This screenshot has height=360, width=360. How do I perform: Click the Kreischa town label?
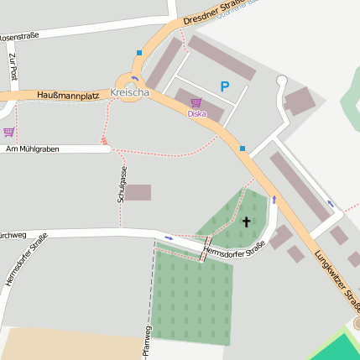[x=129, y=92]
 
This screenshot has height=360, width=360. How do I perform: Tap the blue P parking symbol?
[x=224, y=86]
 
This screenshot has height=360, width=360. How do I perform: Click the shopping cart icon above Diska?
[x=196, y=102]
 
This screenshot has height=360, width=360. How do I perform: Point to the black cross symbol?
[x=246, y=222]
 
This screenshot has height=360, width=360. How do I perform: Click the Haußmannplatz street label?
[x=68, y=96]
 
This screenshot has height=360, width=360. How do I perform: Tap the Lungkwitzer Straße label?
[x=336, y=278]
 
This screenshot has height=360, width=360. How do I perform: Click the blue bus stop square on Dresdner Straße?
[x=139, y=52]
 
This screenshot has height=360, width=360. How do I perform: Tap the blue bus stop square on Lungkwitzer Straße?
[x=242, y=149]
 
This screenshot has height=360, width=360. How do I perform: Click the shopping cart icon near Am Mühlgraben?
[x=8, y=132]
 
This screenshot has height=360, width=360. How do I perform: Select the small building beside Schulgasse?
[x=138, y=192]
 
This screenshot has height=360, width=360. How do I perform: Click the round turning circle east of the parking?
[x=282, y=81]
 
